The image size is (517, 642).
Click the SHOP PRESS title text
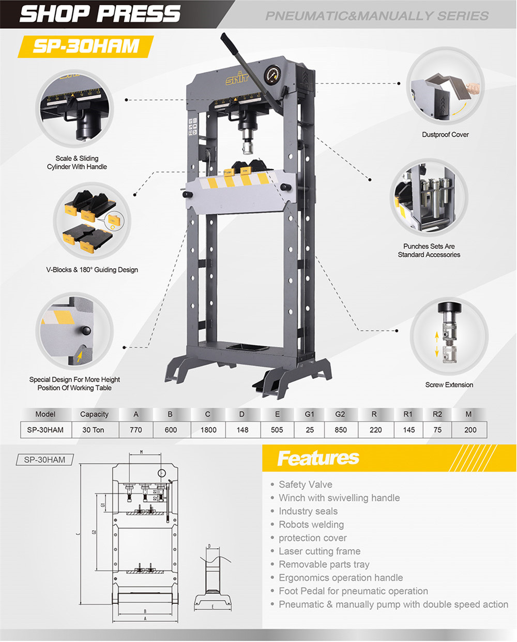[x=100, y=14]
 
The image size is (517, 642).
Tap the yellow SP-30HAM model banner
[x=86, y=46]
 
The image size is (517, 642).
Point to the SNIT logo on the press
[x=237, y=79]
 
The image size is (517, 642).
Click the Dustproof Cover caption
[x=445, y=135]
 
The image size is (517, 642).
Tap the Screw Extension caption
[x=449, y=385]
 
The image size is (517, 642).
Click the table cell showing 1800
[x=208, y=430]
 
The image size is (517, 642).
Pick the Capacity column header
[x=94, y=414]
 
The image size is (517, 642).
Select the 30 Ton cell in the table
[x=93, y=430]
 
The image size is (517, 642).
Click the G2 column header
[x=340, y=414]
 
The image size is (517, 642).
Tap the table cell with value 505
[x=277, y=430]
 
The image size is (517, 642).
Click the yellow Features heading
[x=318, y=458]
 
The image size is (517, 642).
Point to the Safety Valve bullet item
[x=305, y=485]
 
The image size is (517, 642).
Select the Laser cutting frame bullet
[x=320, y=551]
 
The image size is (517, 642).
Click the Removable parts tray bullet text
[x=324, y=564]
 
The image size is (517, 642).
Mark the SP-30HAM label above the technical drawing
[x=45, y=460]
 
